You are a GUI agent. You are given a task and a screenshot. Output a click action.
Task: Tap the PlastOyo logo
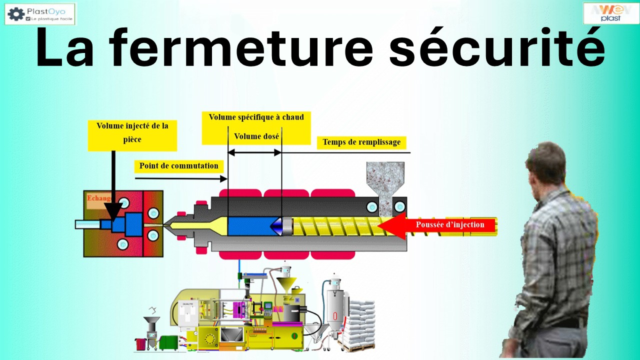click(40, 13)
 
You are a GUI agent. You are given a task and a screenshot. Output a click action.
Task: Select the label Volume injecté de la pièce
click(132, 133)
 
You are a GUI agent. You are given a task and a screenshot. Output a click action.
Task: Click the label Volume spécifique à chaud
click(256, 117)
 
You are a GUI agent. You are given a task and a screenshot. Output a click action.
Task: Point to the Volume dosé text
click(256, 136)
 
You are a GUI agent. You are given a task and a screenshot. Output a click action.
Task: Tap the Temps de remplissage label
click(361, 142)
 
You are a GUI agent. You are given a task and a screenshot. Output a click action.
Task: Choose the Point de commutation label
click(178, 166)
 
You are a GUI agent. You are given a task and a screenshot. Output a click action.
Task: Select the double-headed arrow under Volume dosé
click(255, 152)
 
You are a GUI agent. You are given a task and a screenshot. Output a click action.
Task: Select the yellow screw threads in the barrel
click(335, 226)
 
